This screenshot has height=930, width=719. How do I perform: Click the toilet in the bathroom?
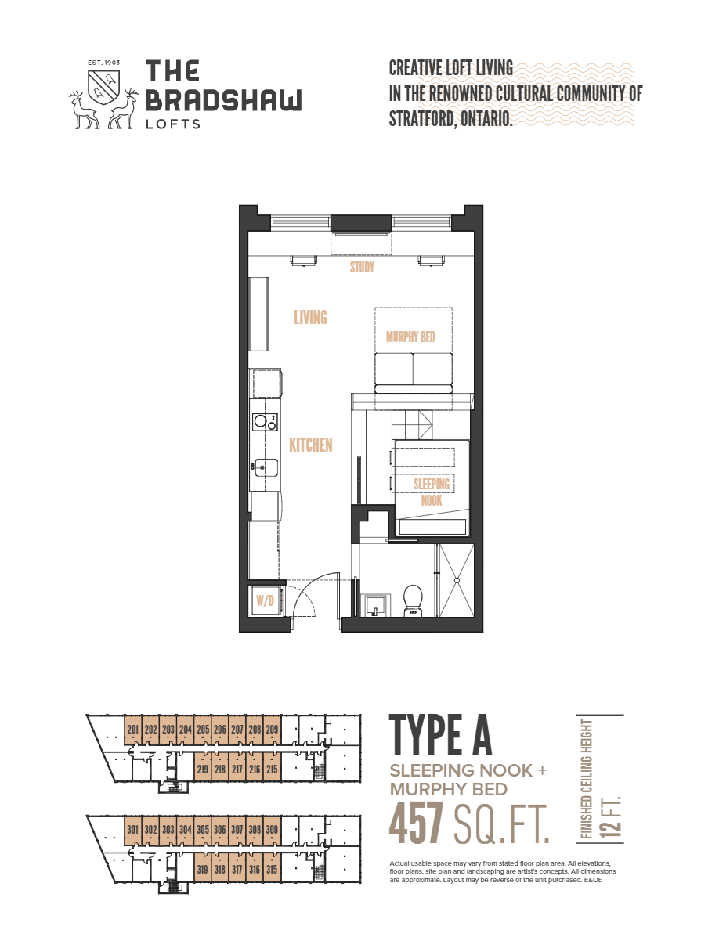(413, 601)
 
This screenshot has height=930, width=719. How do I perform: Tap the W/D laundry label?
(265, 601)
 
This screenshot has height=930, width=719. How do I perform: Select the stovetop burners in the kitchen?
(265, 422)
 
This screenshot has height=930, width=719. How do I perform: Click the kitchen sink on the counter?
(265, 467)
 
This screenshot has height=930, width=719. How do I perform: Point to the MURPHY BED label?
(410, 337)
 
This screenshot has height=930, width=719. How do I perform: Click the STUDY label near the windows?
(362, 268)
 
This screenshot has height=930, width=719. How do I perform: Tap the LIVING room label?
(310, 318)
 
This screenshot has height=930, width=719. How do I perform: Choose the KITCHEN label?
(311, 445)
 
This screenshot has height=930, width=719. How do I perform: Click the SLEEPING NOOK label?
(432, 492)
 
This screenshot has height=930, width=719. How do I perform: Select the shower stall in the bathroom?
(455, 579)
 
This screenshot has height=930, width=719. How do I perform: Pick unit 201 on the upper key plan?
(132, 730)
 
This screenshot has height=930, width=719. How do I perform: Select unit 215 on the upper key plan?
(272, 769)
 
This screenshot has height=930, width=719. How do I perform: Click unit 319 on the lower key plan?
(203, 869)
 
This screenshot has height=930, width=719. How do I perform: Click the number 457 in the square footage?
(417, 824)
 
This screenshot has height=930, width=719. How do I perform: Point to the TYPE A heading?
(441, 734)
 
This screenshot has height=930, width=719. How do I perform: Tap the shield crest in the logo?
(104, 84)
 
